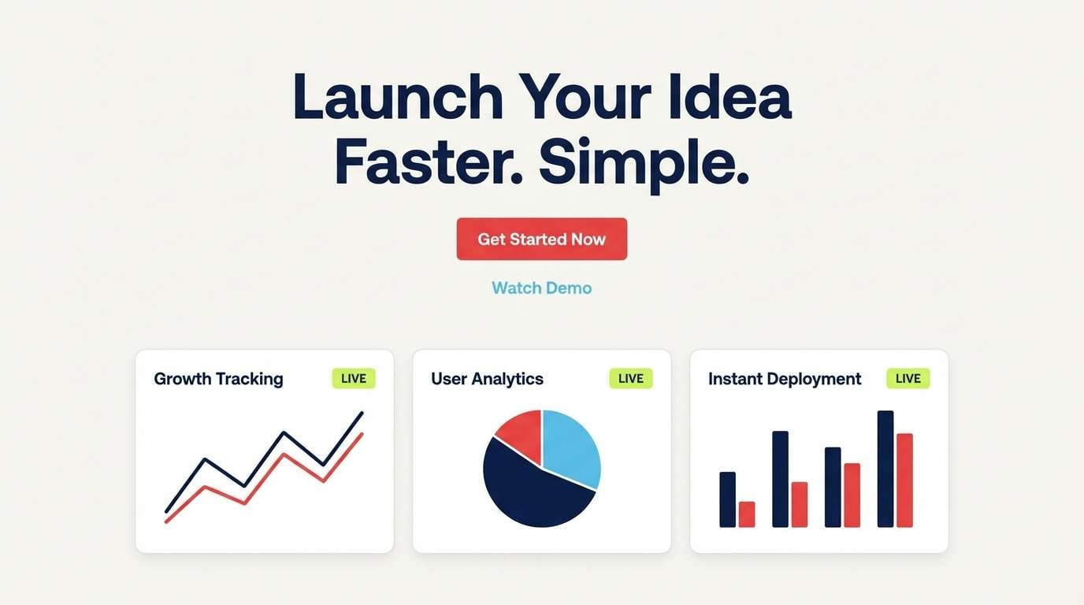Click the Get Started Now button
click(x=542, y=239)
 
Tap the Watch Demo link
click(x=542, y=288)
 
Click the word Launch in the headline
click(x=397, y=98)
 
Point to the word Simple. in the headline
click(x=643, y=163)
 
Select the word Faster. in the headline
click(x=429, y=163)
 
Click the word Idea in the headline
click(x=729, y=98)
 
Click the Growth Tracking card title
click(x=218, y=379)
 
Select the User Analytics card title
click(x=487, y=379)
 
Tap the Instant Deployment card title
click(x=785, y=379)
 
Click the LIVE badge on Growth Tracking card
click(x=354, y=379)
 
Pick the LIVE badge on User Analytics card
click(x=631, y=379)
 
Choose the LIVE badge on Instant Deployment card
click(x=908, y=379)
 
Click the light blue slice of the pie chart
click(x=572, y=447)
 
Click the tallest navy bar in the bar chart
click(x=885, y=469)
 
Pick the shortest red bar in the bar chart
click(x=747, y=514)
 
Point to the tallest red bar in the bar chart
click(x=904, y=480)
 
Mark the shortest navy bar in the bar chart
click(x=727, y=499)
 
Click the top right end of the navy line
click(x=362, y=413)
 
